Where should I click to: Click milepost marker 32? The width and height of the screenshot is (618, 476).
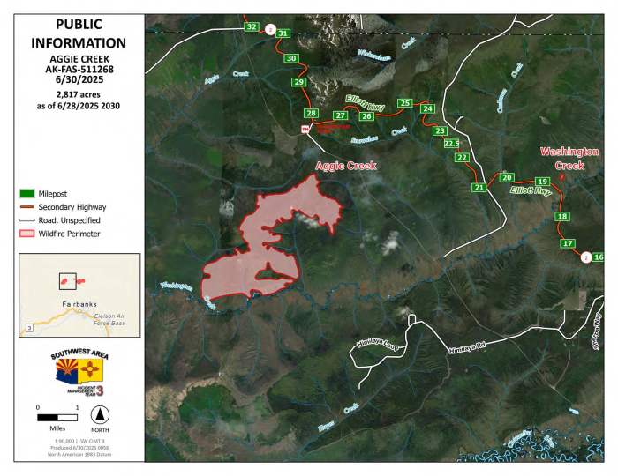(x=252, y=27)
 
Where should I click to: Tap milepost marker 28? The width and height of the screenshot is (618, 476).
(x=310, y=114)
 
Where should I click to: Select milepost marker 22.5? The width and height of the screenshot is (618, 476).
(x=451, y=144)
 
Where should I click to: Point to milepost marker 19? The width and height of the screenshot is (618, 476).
(x=542, y=182)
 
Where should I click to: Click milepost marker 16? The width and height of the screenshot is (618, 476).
(x=599, y=257)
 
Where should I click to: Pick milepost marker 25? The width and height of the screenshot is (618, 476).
(x=405, y=104)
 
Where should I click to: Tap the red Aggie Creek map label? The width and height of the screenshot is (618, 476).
(x=346, y=166)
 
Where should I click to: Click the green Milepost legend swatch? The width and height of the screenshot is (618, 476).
(x=26, y=192)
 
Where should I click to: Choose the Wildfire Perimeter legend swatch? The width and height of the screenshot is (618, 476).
(x=26, y=234)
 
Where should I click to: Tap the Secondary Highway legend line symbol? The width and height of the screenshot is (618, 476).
(x=26, y=206)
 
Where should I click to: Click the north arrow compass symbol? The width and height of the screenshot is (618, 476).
(x=100, y=414)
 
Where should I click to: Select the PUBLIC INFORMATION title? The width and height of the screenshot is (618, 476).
(x=78, y=33)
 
